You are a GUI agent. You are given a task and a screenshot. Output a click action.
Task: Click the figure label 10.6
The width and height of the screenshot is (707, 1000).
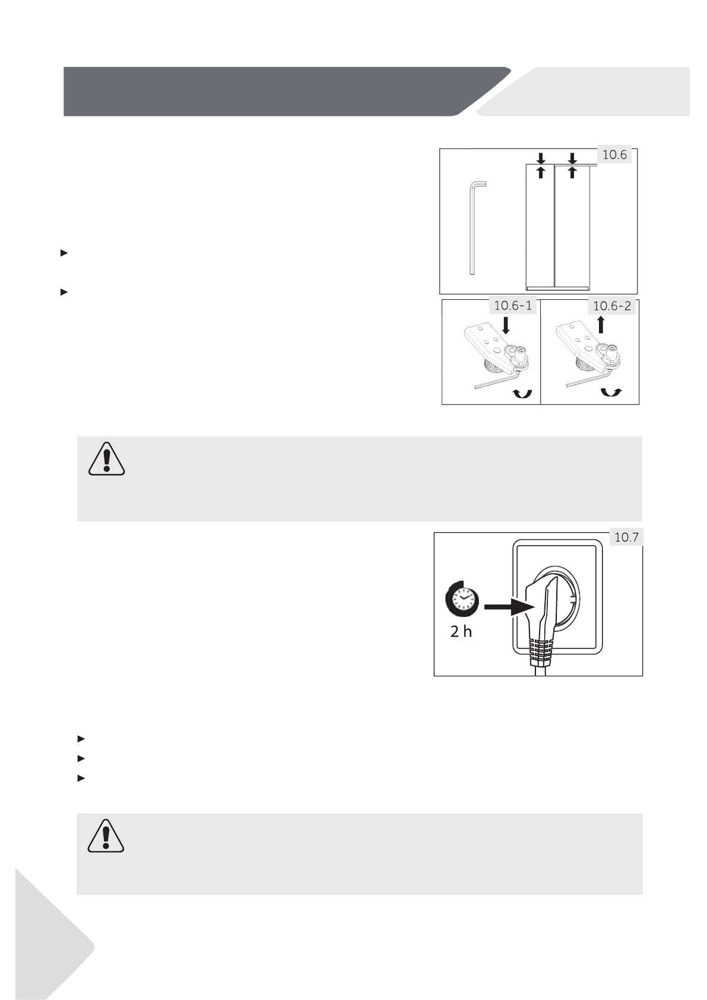click(615, 156)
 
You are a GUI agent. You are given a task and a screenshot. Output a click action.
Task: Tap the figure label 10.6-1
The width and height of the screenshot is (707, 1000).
click(513, 306)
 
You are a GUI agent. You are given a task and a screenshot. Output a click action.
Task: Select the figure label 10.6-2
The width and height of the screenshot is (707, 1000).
click(611, 306)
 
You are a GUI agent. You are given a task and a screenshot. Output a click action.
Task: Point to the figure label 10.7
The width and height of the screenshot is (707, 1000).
click(626, 538)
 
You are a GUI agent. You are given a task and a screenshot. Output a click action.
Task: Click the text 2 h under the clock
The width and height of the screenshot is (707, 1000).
click(461, 632)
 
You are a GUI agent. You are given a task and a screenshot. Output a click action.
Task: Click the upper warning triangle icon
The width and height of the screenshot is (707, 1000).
click(107, 459)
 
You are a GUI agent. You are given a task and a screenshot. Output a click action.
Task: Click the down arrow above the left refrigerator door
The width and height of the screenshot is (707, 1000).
click(540, 158)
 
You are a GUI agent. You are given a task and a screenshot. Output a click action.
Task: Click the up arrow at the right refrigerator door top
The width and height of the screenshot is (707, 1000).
click(572, 172)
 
